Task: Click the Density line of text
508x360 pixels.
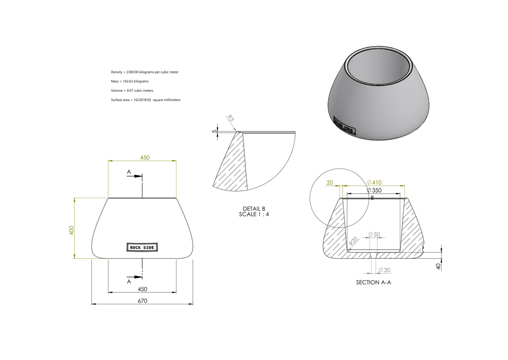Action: click(144, 72)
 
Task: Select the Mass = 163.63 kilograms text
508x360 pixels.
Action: click(129, 81)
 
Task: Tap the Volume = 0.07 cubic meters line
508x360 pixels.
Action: click(132, 90)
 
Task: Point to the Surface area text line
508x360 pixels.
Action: click(145, 100)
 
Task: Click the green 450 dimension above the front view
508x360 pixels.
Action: click(145, 157)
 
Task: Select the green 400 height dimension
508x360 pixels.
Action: click(71, 230)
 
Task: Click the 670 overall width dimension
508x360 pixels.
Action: click(142, 300)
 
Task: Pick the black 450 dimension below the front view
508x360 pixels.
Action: click(142, 289)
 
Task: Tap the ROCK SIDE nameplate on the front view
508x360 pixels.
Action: click(142, 247)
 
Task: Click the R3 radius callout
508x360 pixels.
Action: click(230, 118)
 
